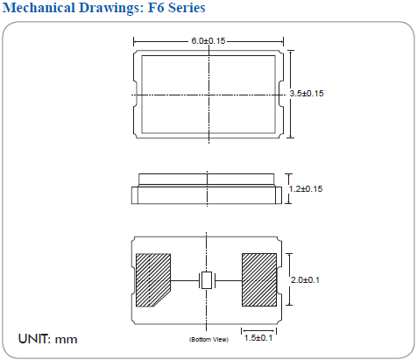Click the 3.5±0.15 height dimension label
point(307,94)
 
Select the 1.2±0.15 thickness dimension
point(307,189)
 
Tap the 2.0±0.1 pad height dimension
point(306,280)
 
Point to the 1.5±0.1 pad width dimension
point(258,337)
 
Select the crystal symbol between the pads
point(207,281)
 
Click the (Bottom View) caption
point(207,339)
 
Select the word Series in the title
point(185,9)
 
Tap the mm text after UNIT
point(67,338)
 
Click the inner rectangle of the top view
point(175,79)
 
